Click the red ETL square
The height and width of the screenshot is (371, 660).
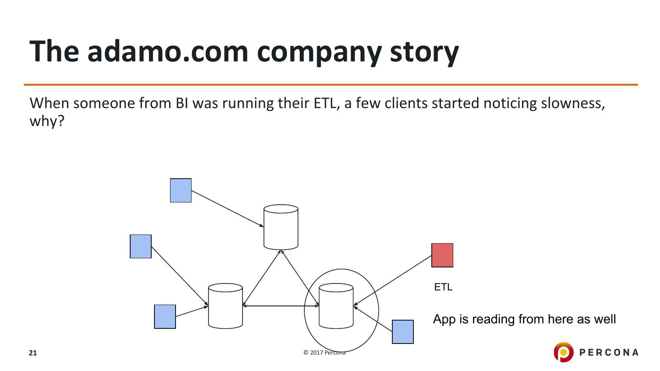click(x=442, y=255)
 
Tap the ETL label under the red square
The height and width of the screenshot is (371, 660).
click(x=443, y=287)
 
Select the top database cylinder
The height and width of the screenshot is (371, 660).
click(x=281, y=227)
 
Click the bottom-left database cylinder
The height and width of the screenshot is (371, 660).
click(x=225, y=306)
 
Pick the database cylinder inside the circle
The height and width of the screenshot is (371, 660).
click(x=336, y=306)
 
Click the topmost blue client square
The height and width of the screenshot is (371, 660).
click(x=181, y=190)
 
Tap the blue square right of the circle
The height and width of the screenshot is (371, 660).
click(x=402, y=332)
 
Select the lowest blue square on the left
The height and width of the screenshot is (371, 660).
click(x=165, y=316)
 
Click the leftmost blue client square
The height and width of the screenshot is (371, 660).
click(x=141, y=246)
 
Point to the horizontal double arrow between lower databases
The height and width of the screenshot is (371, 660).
click(x=280, y=306)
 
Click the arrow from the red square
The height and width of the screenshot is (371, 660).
click(x=393, y=281)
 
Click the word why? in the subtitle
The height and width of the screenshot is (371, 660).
click(x=46, y=121)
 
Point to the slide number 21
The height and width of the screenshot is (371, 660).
click(x=33, y=353)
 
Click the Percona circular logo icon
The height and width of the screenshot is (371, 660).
click(x=563, y=352)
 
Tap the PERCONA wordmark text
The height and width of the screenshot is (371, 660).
click(x=609, y=352)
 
